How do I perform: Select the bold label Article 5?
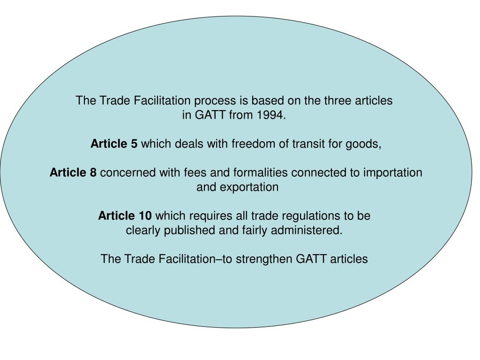click(114, 143)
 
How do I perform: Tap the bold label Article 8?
click(73, 172)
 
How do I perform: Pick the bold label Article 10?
click(125, 216)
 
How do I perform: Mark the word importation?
click(393, 173)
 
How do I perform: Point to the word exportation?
click(249, 187)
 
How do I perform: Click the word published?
click(189, 231)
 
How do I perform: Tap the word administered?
click(307, 230)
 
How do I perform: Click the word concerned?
click(128, 172)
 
